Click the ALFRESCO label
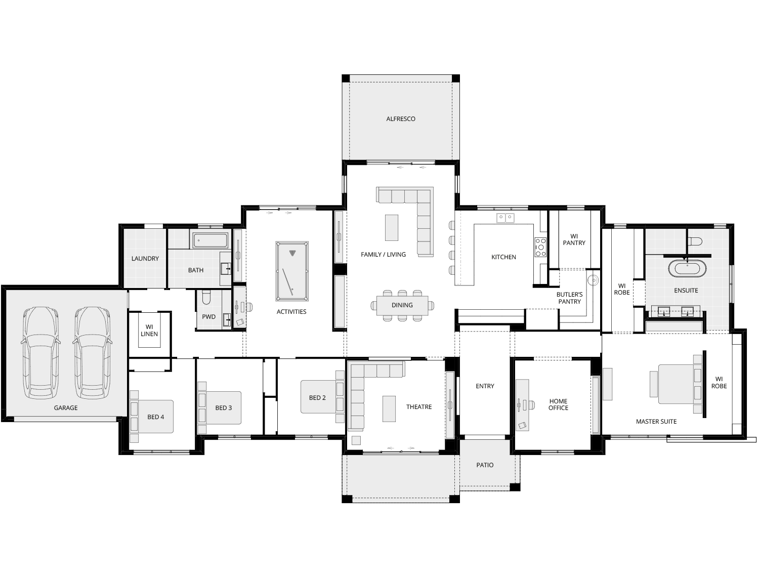401,119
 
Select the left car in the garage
40,352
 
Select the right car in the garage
92,352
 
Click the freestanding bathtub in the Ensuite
687,268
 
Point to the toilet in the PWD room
206,298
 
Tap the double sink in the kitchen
505,218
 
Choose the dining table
402,305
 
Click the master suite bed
676,384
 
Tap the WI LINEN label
149,331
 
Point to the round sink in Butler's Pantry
593,280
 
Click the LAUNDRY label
145,259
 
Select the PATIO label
485,465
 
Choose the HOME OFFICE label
558,404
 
